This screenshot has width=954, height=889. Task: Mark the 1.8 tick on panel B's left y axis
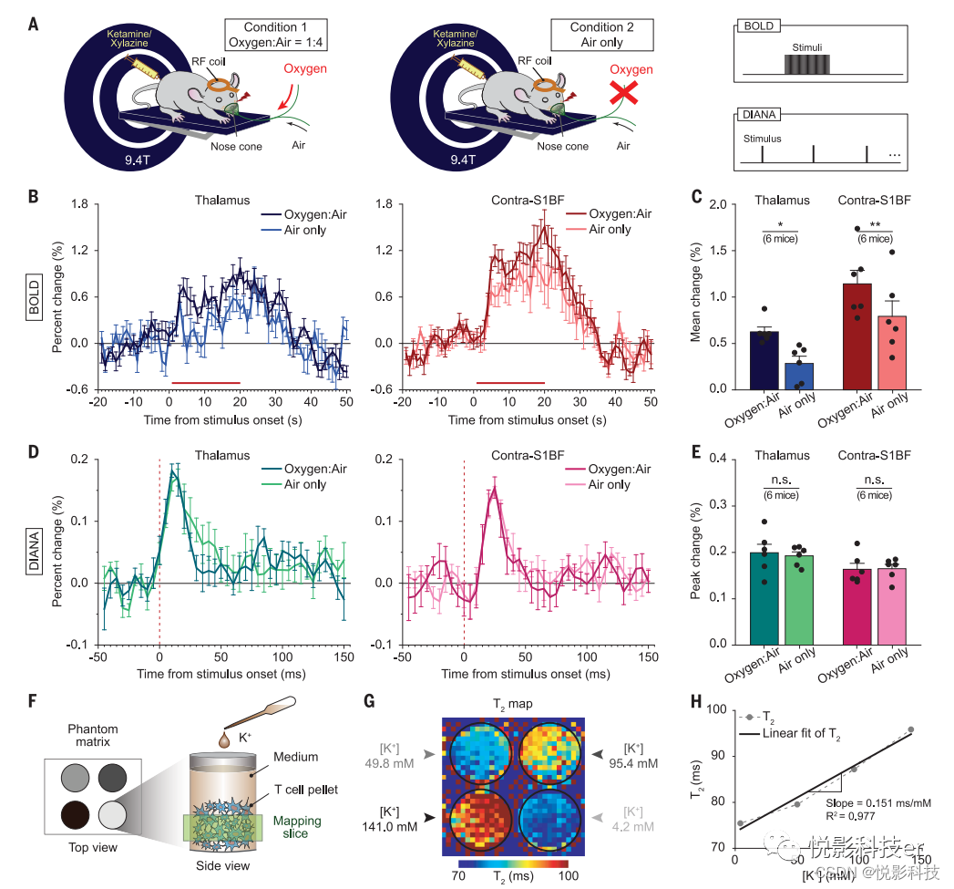(x=80, y=205)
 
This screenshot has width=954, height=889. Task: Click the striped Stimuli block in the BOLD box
(x=807, y=64)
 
